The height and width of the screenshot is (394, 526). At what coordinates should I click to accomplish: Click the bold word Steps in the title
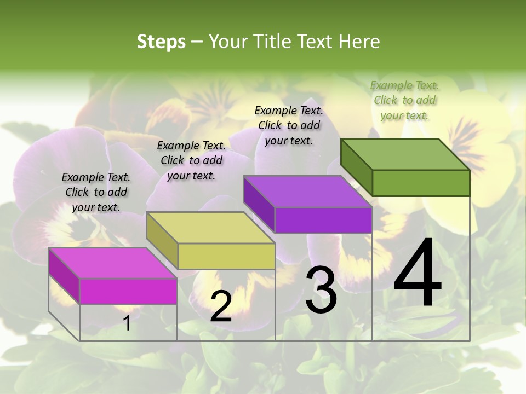[161, 42]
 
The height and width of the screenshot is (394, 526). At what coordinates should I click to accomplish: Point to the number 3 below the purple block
[321, 290]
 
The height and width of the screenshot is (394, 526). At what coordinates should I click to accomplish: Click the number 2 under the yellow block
[221, 306]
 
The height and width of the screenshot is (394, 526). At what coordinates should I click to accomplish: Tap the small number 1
[127, 323]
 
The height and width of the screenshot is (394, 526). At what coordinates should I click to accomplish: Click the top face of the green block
[405, 154]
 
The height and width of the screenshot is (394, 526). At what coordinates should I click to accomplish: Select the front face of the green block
[421, 183]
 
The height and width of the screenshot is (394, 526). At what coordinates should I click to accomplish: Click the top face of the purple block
[308, 192]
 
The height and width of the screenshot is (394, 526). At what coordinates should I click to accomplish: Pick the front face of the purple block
[323, 220]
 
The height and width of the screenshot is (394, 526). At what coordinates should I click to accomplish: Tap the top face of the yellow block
[210, 228]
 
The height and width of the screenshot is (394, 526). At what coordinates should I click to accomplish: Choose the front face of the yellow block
[226, 256]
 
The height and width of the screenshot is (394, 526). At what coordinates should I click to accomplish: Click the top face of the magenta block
[113, 263]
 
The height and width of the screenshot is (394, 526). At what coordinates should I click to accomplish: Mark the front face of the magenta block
[128, 291]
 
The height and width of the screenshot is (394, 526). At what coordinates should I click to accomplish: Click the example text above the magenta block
[96, 192]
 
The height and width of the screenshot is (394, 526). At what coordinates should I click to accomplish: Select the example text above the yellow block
[191, 160]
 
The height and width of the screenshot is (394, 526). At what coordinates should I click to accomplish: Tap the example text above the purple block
[289, 125]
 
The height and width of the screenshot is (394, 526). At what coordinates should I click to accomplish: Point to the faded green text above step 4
[404, 100]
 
